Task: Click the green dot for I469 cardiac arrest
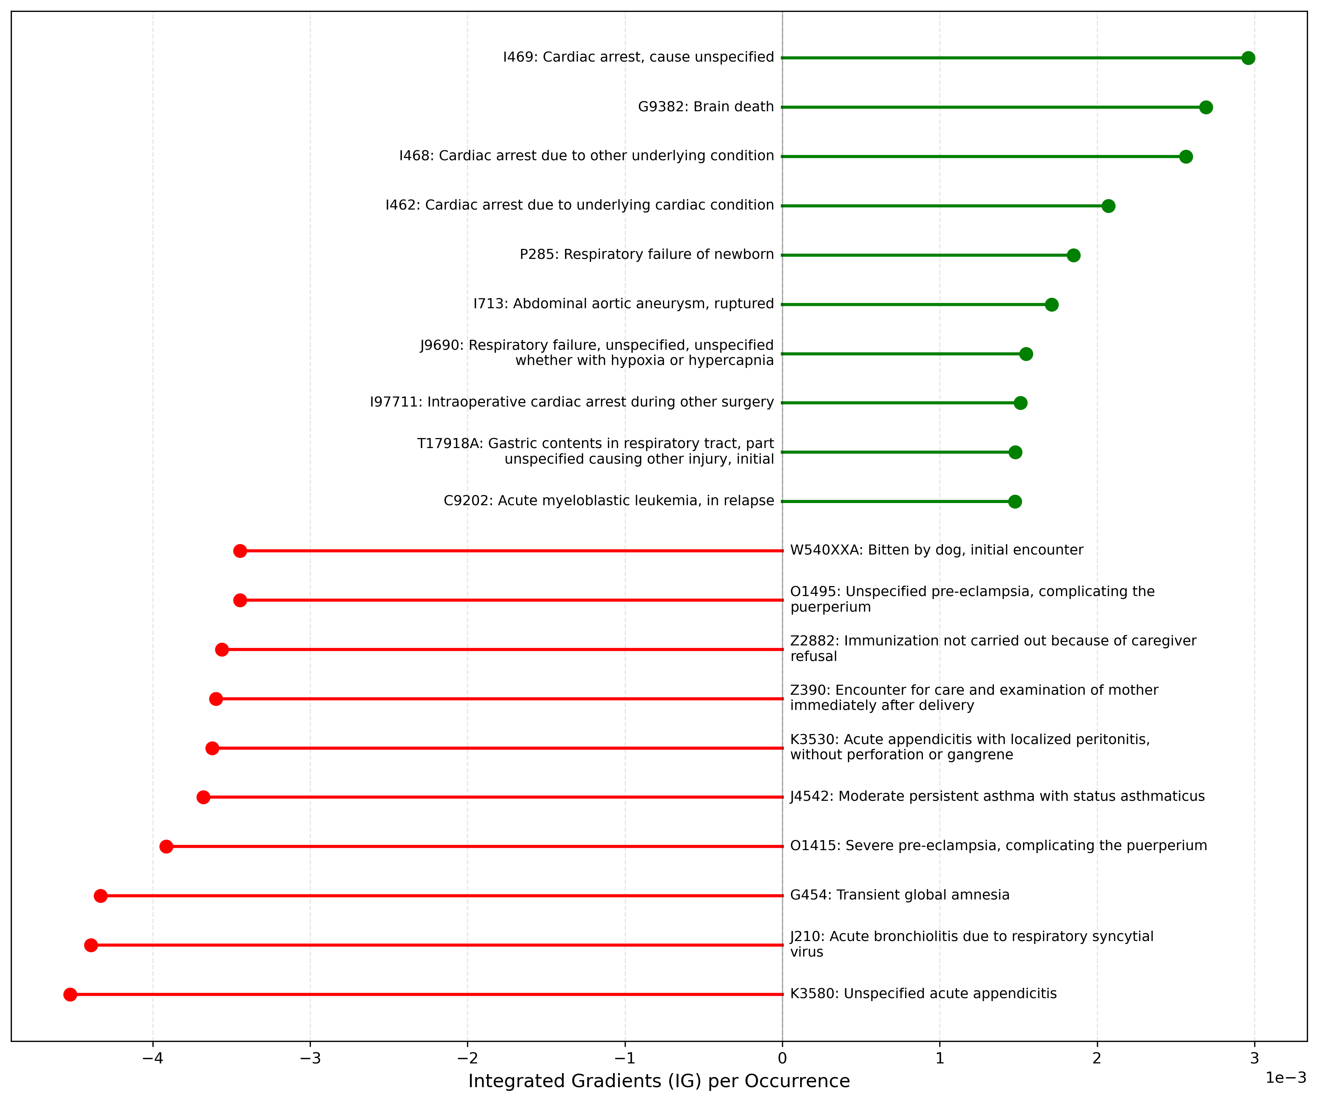1248,58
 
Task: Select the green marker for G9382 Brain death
1206,107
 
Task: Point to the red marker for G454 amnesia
101,895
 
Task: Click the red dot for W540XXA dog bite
240,551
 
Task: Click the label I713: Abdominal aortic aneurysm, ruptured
623,304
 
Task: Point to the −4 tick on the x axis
152,1058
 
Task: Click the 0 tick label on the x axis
782,1058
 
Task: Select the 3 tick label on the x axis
1254,1058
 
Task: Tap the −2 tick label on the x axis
467,1058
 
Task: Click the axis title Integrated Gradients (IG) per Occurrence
658,1080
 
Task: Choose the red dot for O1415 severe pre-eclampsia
166,846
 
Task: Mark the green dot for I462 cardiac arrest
1108,206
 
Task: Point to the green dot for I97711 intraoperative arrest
1020,403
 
